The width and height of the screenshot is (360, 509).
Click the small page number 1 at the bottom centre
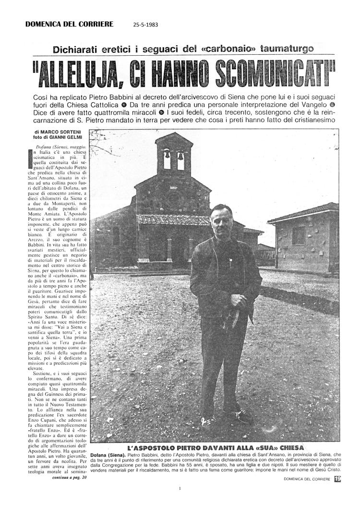click(179, 489)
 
